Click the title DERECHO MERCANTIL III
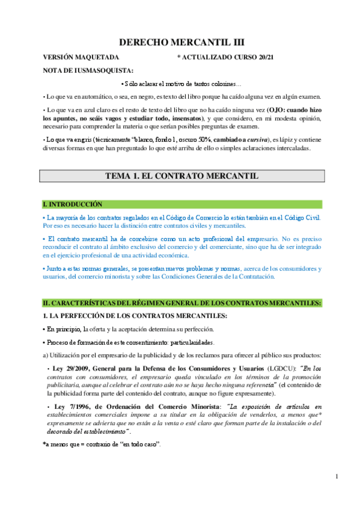pos(182,42)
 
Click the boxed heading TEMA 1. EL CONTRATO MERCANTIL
pos(182,176)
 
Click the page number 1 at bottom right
pos(338,476)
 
